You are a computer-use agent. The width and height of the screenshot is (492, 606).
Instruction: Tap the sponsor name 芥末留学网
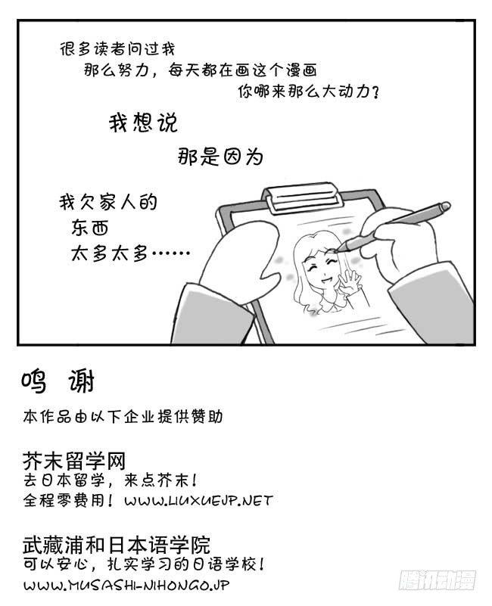(74, 461)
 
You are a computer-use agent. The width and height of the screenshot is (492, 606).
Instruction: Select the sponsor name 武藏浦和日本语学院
(117, 543)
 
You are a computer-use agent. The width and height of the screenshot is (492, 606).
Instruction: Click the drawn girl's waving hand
(350, 281)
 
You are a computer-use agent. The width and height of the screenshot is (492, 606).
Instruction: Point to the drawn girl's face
(322, 267)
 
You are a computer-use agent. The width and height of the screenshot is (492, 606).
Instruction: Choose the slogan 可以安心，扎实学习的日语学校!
(144, 564)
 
